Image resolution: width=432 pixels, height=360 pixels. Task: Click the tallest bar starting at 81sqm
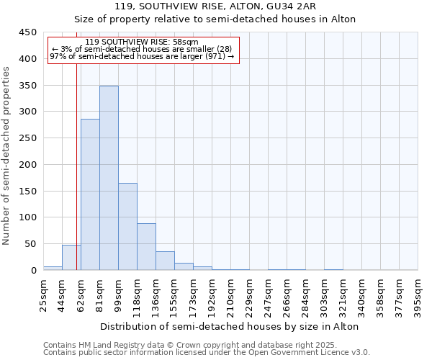point(109,178)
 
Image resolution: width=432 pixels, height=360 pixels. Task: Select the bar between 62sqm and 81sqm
point(90,194)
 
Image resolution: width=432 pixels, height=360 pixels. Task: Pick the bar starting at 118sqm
point(146,247)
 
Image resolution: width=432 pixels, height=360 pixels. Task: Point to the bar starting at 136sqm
point(165,261)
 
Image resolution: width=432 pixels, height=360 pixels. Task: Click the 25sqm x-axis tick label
point(44,295)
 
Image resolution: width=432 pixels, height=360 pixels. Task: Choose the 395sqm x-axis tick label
point(418,297)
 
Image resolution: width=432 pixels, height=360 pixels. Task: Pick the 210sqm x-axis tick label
point(231,297)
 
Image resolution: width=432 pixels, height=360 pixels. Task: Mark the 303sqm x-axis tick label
point(325,297)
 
